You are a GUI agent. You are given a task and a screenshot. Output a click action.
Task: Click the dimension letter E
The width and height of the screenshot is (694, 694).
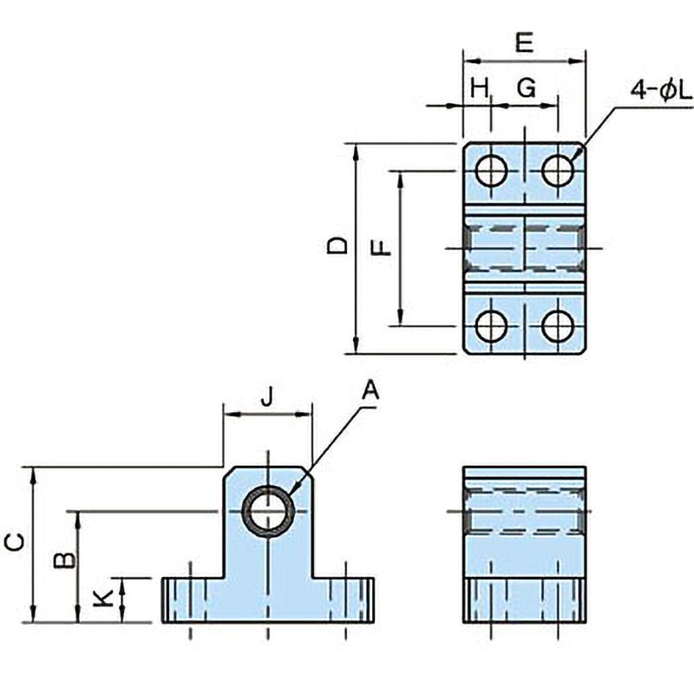point(525,43)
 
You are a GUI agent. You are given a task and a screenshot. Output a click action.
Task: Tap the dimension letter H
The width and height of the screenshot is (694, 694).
point(480,88)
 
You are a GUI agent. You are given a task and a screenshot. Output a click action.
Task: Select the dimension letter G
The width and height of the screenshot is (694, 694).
point(527,88)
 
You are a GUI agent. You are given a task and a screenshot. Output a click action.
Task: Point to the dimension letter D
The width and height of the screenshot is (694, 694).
point(337,246)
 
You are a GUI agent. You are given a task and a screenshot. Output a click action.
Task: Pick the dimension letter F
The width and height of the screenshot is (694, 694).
point(381,248)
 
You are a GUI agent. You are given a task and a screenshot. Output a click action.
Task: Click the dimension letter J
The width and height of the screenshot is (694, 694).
point(266,396)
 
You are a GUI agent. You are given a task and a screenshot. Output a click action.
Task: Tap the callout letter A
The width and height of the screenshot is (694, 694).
point(370,390)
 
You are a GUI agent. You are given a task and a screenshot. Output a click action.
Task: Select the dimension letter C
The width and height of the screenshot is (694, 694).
point(15,543)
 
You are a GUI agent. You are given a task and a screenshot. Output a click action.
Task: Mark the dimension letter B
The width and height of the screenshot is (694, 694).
point(65,560)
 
